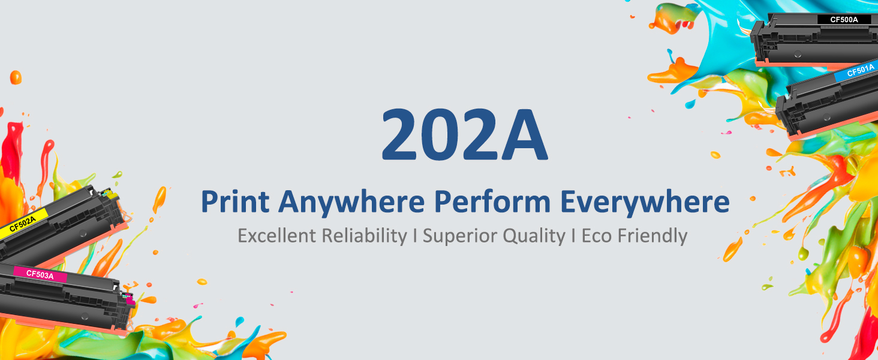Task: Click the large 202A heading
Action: pyautogui.click(x=464, y=134)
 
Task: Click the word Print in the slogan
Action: pyautogui.click(x=234, y=202)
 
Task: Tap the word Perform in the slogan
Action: pyautogui.click(x=492, y=202)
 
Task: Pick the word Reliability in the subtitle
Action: pyautogui.click(x=364, y=236)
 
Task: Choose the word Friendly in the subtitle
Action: pyautogui.click(x=653, y=236)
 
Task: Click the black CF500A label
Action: pyautogui.click(x=844, y=19)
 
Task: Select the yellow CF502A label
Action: pyautogui.click(x=23, y=223)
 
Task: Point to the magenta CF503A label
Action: pyautogui.click(x=40, y=274)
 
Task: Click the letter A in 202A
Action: pyautogui.click(x=524, y=134)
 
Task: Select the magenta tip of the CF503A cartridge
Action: pyautogui.click(x=129, y=299)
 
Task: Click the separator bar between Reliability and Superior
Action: pyautogui.click(x=414, y=236)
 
